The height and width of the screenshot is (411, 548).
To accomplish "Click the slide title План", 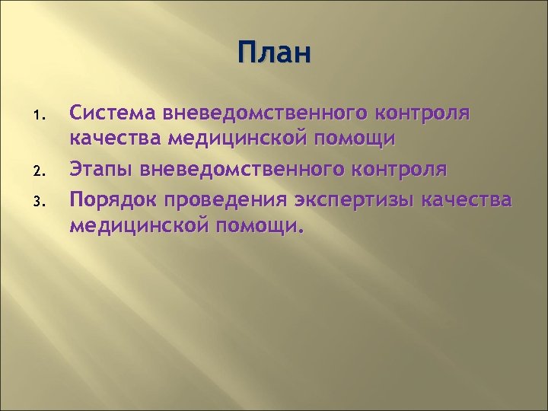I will click(x=273, y=54).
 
